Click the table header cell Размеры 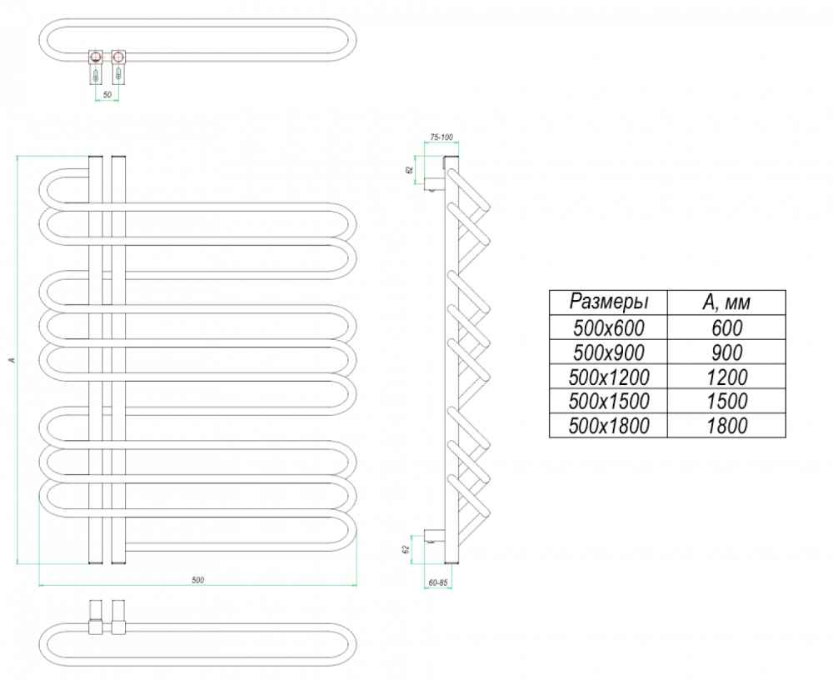[x=608, y=302]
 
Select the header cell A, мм [x=726, y=302]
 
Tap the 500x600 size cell [x=608, y=327]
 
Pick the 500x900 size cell [x=608, y=352]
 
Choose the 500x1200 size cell [x=608, y=377]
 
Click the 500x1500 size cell [x=608, y=401]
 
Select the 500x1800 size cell [x=608, y=425]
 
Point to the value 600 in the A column [x=726, y=327]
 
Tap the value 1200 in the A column [x=726, y=377]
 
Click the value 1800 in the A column [x=726, y=425]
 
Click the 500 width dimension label [x=197, y=580]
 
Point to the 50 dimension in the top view [x=107, y=95]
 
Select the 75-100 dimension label [x=441, y=137]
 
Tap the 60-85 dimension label [x=438, y=582]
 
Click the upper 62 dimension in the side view [x=408, y=170]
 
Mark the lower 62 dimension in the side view [x=407, y=549]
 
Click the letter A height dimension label [x=13, y=360]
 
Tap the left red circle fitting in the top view [x=96, y=57]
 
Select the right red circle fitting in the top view [x=118, y=57]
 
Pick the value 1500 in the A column [x=726, y=401]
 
